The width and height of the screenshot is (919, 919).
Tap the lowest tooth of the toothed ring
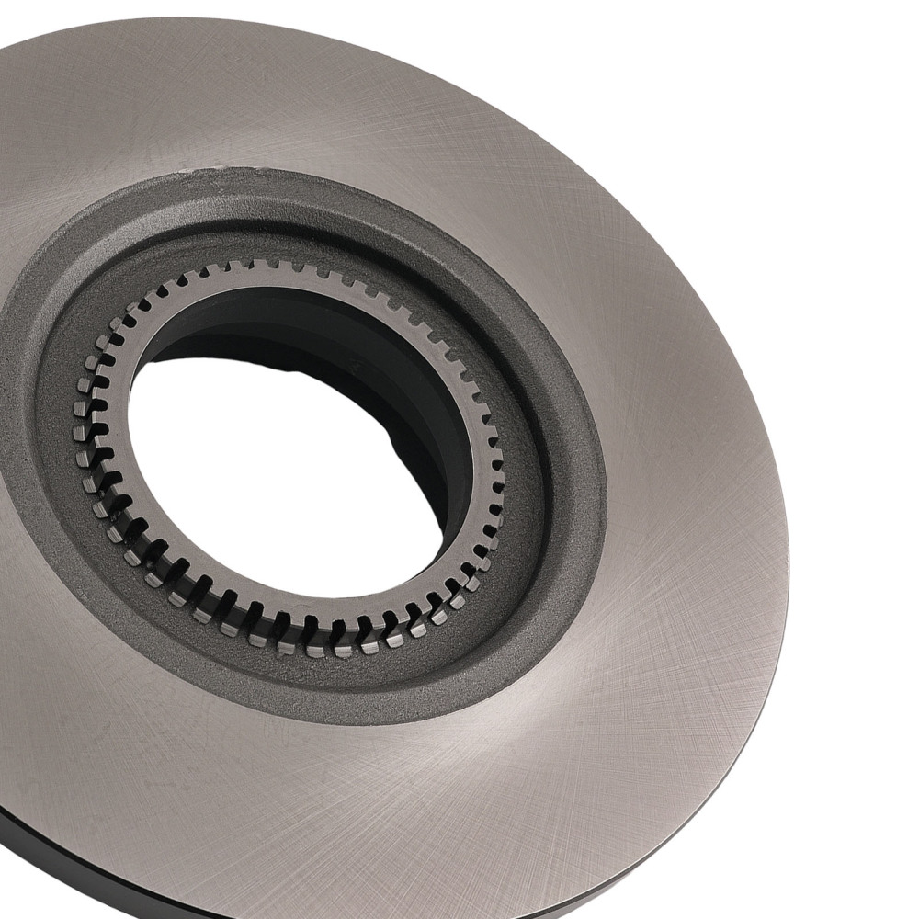coord(317,649)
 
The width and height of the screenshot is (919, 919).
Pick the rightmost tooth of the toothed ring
coord(499,478)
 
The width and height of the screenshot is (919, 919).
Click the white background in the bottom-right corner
coord(873,873)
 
